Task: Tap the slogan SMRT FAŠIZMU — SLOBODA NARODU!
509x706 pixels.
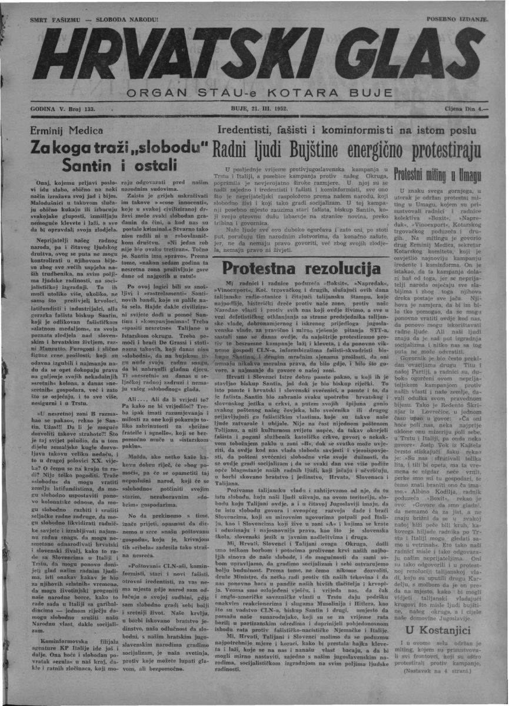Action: point(94,19)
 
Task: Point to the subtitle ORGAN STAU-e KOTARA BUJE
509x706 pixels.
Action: point(258,94)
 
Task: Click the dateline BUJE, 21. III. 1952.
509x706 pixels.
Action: point(255,109)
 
